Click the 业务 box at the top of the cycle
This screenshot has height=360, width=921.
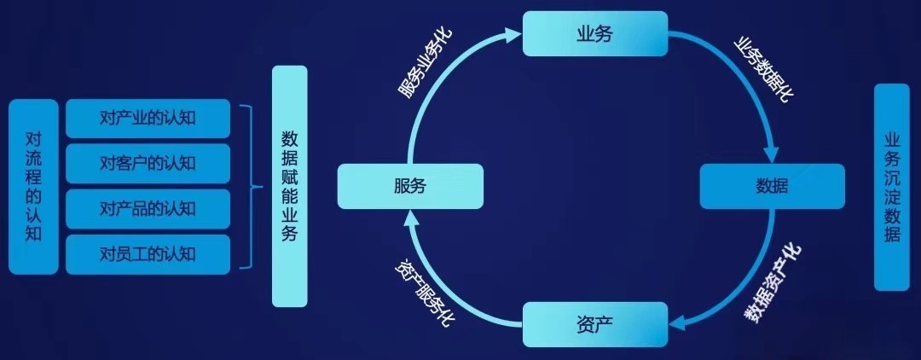tap(594, 33)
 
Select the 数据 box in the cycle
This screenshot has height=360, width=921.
tap(772, 186)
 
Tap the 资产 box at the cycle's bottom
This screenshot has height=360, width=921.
tap(594, 324)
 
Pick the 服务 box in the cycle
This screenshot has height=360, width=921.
tap(410, 186)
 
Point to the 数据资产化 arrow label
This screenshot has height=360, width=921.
tap(773, 282)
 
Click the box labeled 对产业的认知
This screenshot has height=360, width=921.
tap(148, 119)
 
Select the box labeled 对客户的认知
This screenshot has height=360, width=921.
tap(148, 163)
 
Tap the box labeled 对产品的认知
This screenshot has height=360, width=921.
tap(148, 208)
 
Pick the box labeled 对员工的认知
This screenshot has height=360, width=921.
tap(148, 253)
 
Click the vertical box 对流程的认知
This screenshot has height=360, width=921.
tap(34, 186)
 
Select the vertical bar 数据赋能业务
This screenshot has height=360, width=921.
tap(289, 186)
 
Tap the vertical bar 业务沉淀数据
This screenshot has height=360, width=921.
tap(892, 187)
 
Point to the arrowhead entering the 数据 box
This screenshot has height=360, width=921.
tap(770, 155)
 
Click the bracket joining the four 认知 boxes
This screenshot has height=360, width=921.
tap(250, 186)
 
